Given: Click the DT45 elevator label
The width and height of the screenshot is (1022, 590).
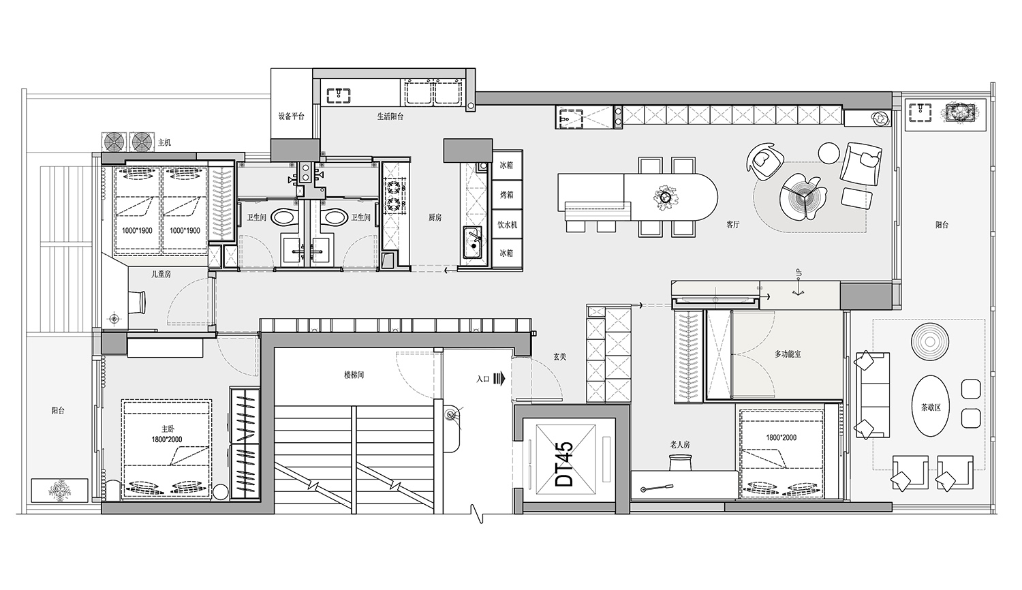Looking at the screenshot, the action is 566,464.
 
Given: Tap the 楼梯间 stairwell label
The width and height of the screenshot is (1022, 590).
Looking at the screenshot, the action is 354,375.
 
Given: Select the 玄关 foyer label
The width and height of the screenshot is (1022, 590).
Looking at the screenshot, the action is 560,357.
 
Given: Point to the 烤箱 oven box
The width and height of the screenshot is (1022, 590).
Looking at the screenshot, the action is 507,195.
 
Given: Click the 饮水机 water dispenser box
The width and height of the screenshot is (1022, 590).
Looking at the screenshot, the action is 507,225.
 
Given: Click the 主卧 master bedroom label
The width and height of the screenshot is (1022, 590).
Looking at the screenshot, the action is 168,429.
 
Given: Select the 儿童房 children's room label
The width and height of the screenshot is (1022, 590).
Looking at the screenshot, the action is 161,275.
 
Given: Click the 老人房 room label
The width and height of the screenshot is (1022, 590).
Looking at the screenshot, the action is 680,445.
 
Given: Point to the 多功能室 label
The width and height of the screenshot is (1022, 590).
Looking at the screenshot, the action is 788,354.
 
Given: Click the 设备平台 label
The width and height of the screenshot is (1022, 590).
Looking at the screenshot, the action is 292,117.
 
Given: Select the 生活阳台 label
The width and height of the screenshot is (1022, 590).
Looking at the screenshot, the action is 390,117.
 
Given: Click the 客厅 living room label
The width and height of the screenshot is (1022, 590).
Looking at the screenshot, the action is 733,225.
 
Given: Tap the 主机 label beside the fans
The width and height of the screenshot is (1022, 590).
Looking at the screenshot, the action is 164,143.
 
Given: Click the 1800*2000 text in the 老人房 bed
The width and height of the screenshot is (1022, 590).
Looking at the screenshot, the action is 781,437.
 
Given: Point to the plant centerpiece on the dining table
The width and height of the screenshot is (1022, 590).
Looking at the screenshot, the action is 665,197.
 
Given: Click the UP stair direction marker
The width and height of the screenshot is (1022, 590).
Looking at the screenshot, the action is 799,274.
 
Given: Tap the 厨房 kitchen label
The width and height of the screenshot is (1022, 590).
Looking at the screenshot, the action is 435,218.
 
